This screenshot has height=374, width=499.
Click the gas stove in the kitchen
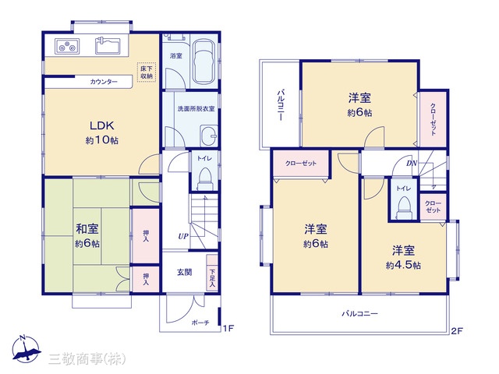pos(67,46)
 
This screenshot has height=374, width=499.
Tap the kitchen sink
pos(108,46)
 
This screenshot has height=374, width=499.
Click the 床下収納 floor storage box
pos(147,72)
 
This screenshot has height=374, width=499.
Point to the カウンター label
pos(104,82)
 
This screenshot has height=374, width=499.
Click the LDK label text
pos(102,125)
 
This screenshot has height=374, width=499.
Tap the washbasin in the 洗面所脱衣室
pos(209,136)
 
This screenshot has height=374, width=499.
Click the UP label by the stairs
pos(183,236)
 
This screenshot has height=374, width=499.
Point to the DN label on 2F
pos(412,164)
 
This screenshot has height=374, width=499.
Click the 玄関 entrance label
pos(184,272)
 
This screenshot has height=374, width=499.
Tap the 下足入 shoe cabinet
pos(212,273)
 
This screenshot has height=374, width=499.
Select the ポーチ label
pos(200,323)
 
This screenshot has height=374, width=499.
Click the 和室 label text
pos(87,229)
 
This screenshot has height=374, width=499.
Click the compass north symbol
pos(26,349)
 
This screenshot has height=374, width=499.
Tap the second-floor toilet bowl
pos(404,207)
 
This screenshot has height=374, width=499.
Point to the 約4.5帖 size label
pos(403,265)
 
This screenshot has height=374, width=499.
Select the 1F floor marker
pos(228,328)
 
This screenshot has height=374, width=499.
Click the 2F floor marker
pos(457,331)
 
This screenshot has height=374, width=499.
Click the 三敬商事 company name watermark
pos(87,359)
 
